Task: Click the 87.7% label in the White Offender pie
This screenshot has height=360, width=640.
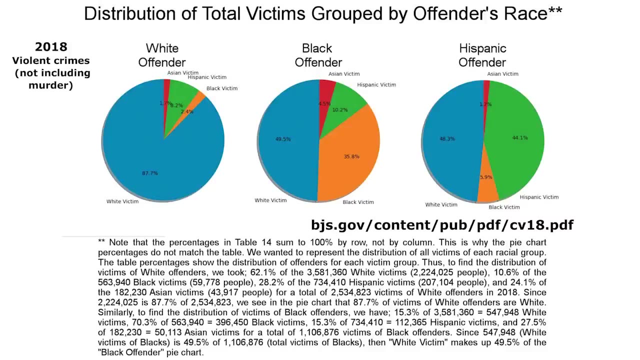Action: [149, 173]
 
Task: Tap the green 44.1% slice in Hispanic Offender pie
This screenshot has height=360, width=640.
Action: [515, 145]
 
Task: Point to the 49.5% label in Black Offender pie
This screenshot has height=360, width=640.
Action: [282, 139]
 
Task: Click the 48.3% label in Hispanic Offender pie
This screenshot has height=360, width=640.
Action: [447, 138]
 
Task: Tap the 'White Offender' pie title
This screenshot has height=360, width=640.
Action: [161, 55]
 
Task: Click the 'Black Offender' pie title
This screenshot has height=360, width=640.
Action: [318, 55]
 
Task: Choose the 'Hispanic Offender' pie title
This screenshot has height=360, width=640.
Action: [482, 55]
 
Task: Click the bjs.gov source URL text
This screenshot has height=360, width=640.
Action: [442, 225]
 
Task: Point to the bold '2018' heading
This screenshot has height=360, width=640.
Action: [50, 47]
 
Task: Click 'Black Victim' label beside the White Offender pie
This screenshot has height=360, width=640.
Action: [221, 88]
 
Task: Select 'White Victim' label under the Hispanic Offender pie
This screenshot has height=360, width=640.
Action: [441, 204]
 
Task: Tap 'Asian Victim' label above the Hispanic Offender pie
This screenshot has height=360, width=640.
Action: [502, 74]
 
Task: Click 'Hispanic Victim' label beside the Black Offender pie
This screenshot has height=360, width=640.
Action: [376, 85]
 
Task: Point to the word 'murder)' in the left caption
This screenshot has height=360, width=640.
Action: [50, 85]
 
